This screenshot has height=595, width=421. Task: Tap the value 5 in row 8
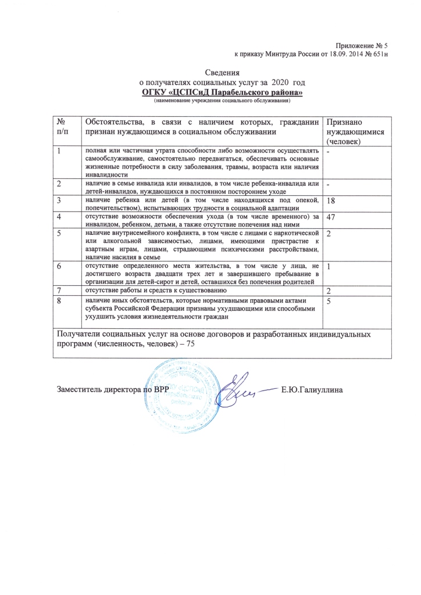329,302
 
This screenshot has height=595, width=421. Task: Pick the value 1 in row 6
329,267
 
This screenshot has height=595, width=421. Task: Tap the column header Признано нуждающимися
348,131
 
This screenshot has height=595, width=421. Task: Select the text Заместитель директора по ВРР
112,389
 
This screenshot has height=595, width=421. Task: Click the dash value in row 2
329,185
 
